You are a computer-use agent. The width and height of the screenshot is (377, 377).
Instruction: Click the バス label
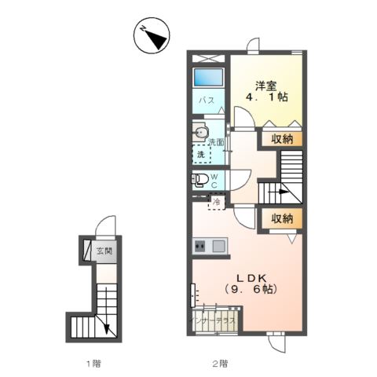[x=206, y=101]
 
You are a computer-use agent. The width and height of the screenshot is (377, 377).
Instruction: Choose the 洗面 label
[x=216, y=141]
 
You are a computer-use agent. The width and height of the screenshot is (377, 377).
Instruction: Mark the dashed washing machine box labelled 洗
[x=202, y=154]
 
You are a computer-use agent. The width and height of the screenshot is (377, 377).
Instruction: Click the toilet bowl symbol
[x=200, y=179]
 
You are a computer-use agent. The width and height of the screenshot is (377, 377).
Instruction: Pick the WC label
[x=215, y=181]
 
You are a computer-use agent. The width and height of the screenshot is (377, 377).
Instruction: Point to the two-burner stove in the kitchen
[x=199, y=247]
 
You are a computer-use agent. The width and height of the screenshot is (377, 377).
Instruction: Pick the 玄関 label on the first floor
[x=104, y=252]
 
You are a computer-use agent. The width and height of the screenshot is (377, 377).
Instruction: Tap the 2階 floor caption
[x=219, y=364]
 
